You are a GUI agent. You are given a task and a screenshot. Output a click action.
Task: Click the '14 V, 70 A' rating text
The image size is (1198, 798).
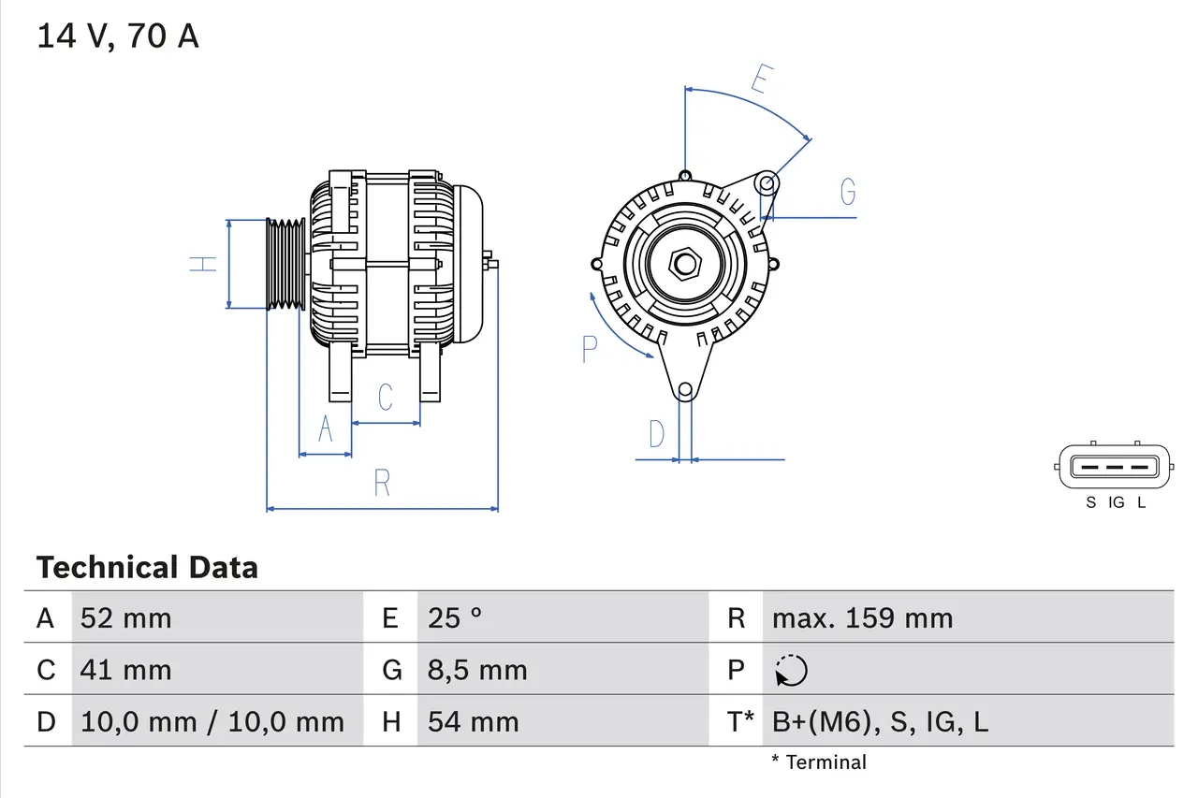117,36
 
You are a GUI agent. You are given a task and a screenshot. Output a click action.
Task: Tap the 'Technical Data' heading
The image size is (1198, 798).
147,568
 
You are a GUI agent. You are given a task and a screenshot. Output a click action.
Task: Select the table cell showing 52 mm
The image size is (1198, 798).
126,618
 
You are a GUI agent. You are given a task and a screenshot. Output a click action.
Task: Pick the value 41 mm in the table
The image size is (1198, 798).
126,670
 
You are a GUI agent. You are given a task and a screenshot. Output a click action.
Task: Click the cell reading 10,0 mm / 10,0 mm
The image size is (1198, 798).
212,721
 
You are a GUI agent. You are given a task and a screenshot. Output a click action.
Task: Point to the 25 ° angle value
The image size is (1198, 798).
455,618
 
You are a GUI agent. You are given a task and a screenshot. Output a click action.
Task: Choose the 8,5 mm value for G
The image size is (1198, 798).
477,670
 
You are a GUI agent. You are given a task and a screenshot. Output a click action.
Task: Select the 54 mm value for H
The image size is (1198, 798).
473,721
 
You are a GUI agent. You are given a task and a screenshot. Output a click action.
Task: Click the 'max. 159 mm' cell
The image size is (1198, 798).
862,618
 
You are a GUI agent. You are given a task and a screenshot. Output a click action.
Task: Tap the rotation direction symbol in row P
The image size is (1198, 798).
791,671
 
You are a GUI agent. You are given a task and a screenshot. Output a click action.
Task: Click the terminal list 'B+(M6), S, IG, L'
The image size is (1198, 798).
880,721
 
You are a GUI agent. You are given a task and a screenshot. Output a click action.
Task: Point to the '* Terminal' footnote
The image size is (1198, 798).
819,762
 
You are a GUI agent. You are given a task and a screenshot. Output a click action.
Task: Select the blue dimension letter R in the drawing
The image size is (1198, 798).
382,484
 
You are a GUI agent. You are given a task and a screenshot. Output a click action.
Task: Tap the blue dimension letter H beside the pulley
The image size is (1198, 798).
202,264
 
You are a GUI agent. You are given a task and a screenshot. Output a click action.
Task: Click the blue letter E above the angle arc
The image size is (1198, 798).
760,80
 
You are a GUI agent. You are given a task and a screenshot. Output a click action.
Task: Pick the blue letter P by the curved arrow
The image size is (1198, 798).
589,349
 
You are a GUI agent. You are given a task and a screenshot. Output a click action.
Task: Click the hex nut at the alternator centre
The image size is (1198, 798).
685,264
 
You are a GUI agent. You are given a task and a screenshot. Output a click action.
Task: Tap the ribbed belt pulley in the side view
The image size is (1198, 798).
286,264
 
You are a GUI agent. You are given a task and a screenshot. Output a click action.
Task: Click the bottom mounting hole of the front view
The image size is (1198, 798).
685,389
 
